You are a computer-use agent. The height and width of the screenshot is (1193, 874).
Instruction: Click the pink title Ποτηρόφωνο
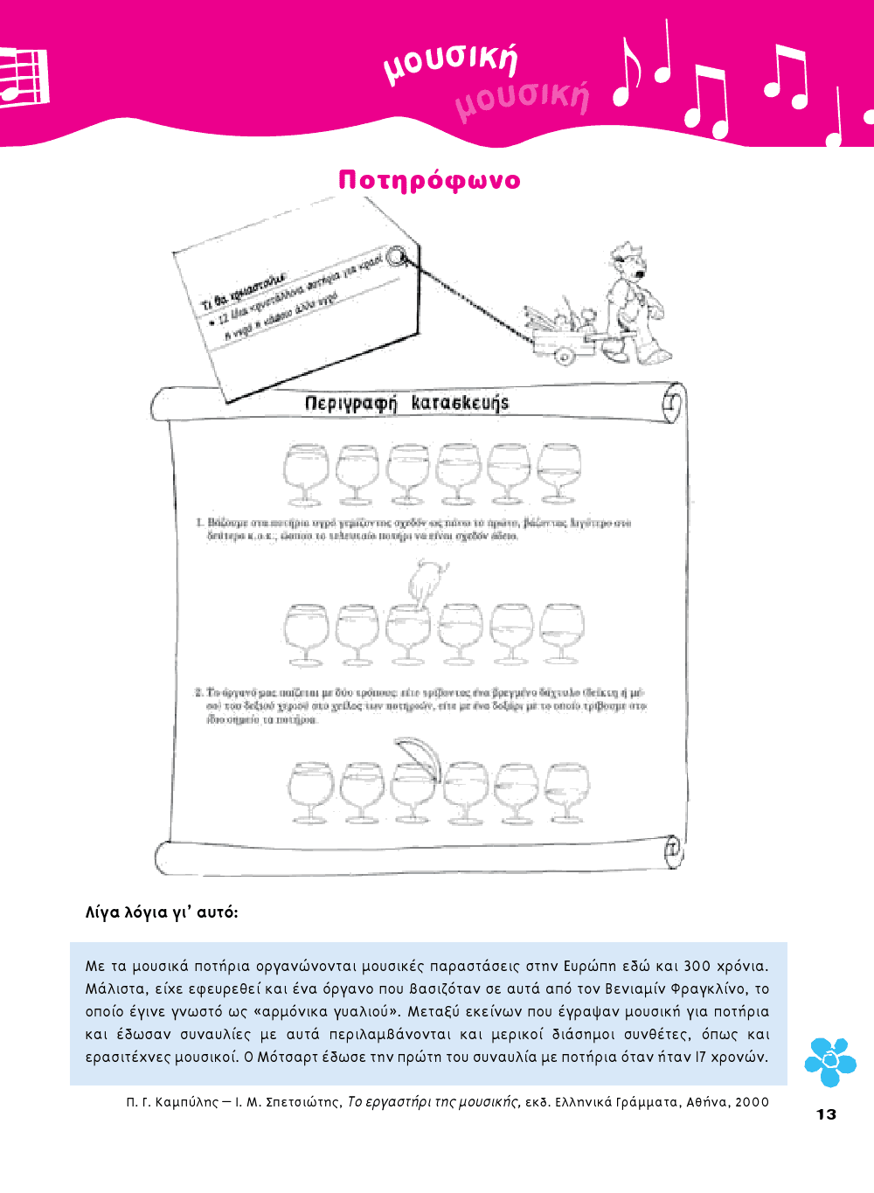[x=429, y=181]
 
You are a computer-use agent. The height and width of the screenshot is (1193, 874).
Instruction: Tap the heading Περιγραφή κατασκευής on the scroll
[x=406, y=403]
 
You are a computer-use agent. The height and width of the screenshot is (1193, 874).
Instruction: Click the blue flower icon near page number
[x=829, y=1061]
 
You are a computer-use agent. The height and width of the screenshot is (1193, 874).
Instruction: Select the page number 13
[x=826, y=1114]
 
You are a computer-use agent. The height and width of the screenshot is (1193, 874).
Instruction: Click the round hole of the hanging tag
[x=396, y=256]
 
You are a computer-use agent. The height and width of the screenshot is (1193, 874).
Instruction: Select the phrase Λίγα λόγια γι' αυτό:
[x=162, y=912]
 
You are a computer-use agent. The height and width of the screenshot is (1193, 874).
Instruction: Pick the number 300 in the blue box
[x=697, y=966]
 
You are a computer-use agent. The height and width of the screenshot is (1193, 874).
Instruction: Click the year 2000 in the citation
[x=752, y=1102]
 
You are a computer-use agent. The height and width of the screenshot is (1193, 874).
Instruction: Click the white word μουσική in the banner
[x=451, y=61]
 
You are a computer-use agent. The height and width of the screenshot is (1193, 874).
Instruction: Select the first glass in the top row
[x=306, y=473]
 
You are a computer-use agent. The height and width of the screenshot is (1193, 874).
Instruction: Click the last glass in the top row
[x=558, y=472]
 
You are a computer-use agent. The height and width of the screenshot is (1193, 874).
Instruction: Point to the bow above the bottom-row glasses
[x=417, y=754]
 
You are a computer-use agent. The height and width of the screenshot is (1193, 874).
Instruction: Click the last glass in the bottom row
[x=566, y=791]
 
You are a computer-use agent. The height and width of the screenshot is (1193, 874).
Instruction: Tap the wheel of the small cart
[x=565, y=356]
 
